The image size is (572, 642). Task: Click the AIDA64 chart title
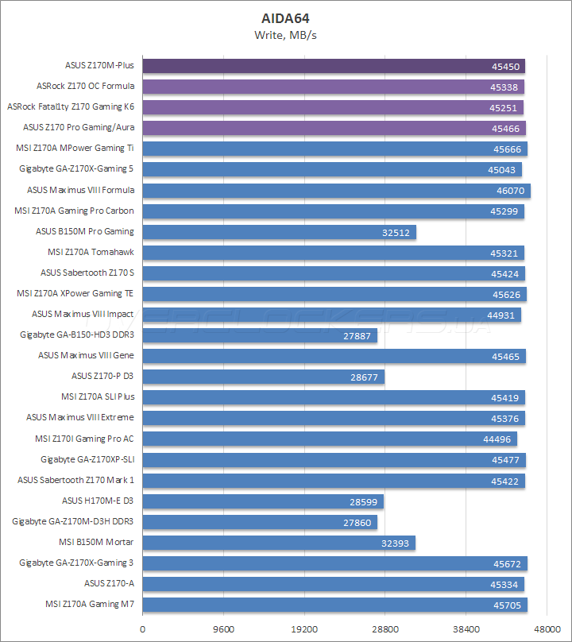[x=285, y=17]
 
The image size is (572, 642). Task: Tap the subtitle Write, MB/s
[x=285, y=35]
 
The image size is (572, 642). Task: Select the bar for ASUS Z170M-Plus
[x=333, y=66]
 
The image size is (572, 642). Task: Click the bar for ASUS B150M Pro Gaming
[x=278, y=232]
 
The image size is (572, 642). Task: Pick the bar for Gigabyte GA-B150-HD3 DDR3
[x=259, y=335]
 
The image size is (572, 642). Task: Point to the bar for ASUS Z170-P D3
[x=262, y=377]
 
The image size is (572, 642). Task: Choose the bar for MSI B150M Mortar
[x=278, y=543]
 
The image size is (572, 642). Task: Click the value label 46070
[x=511, y=191]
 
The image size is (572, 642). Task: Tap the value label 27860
[x=357, y=522]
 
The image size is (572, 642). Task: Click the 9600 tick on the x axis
[x=223, y=628]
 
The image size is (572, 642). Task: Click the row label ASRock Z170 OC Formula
[x=85, y=86]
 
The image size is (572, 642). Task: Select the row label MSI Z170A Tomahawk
[x=91, y=252]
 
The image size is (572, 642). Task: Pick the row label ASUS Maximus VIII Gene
[x=86, y=355]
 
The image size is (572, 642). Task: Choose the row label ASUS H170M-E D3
[x=98, y=501]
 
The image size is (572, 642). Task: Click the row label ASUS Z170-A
[x=109, y=583]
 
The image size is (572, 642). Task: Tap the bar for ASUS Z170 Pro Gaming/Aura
[x=334, y=128]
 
